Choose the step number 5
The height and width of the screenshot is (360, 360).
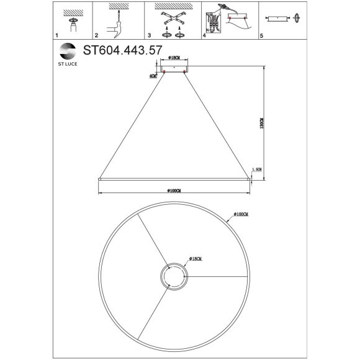[261, 37]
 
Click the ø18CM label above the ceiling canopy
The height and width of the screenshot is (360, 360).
[174, 60]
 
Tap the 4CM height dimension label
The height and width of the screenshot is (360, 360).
[153, 76]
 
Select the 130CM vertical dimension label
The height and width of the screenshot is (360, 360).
[263, 124]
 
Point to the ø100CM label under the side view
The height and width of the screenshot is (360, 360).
[174, 190]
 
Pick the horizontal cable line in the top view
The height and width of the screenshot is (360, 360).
[217, 277]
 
